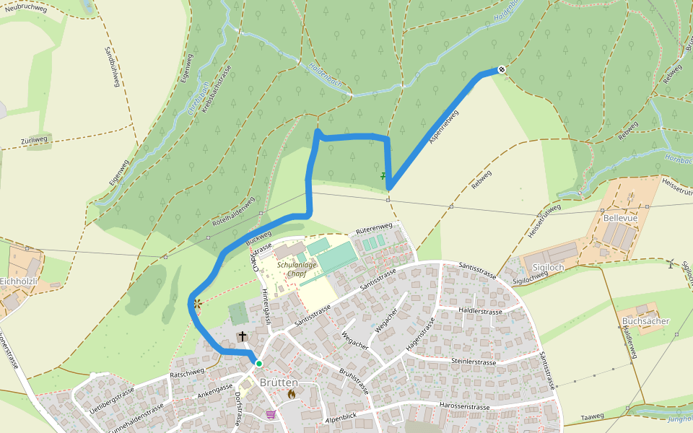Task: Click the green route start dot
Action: (258, 363)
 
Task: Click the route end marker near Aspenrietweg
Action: (501, 69)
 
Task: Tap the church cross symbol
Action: (243, 336)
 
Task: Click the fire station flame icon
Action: (292, 394)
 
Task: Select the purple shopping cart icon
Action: (271, 414)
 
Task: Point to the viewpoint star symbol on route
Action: (196, 304)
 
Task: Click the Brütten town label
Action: (279, 382)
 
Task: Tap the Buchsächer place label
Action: (645, 320)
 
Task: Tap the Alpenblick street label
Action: (341, 418)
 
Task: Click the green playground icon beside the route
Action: (383, 175)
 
